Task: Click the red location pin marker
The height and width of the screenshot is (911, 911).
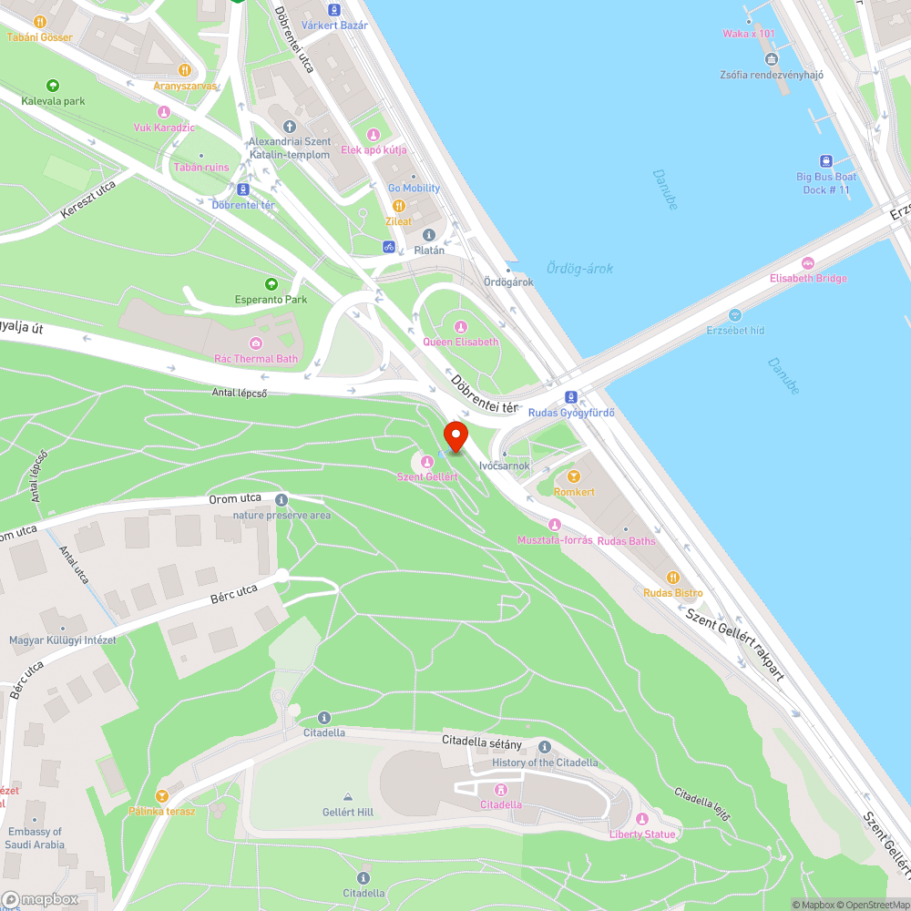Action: pos(455,435)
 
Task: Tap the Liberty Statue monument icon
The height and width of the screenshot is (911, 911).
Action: pos(641,818)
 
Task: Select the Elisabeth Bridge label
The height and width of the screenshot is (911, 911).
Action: pos(808,278)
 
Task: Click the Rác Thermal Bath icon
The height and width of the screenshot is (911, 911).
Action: pos(256,343)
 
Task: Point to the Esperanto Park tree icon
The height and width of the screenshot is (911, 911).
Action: pos(271,284)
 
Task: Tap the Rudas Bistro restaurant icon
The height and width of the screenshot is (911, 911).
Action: pos(672,577)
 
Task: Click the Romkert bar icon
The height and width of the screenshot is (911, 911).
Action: pos(574,476)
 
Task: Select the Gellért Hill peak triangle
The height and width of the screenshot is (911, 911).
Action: pos(347,796)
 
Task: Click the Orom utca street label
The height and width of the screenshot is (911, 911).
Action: pos(235,499)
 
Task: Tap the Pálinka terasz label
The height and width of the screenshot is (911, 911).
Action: pos(161,811)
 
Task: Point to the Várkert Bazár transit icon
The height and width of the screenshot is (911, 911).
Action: pos(334,10)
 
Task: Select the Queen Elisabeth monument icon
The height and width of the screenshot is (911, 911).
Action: pos(460,326)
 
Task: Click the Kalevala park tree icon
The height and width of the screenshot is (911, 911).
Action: pos(53,86)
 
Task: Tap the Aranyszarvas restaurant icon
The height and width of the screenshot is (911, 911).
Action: pos(184,69)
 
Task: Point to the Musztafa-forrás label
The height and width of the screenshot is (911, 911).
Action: pos(555,539)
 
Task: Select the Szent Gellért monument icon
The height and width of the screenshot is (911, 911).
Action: pos(426,461)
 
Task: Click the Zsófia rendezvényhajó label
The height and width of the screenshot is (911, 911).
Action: pos(771,75)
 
